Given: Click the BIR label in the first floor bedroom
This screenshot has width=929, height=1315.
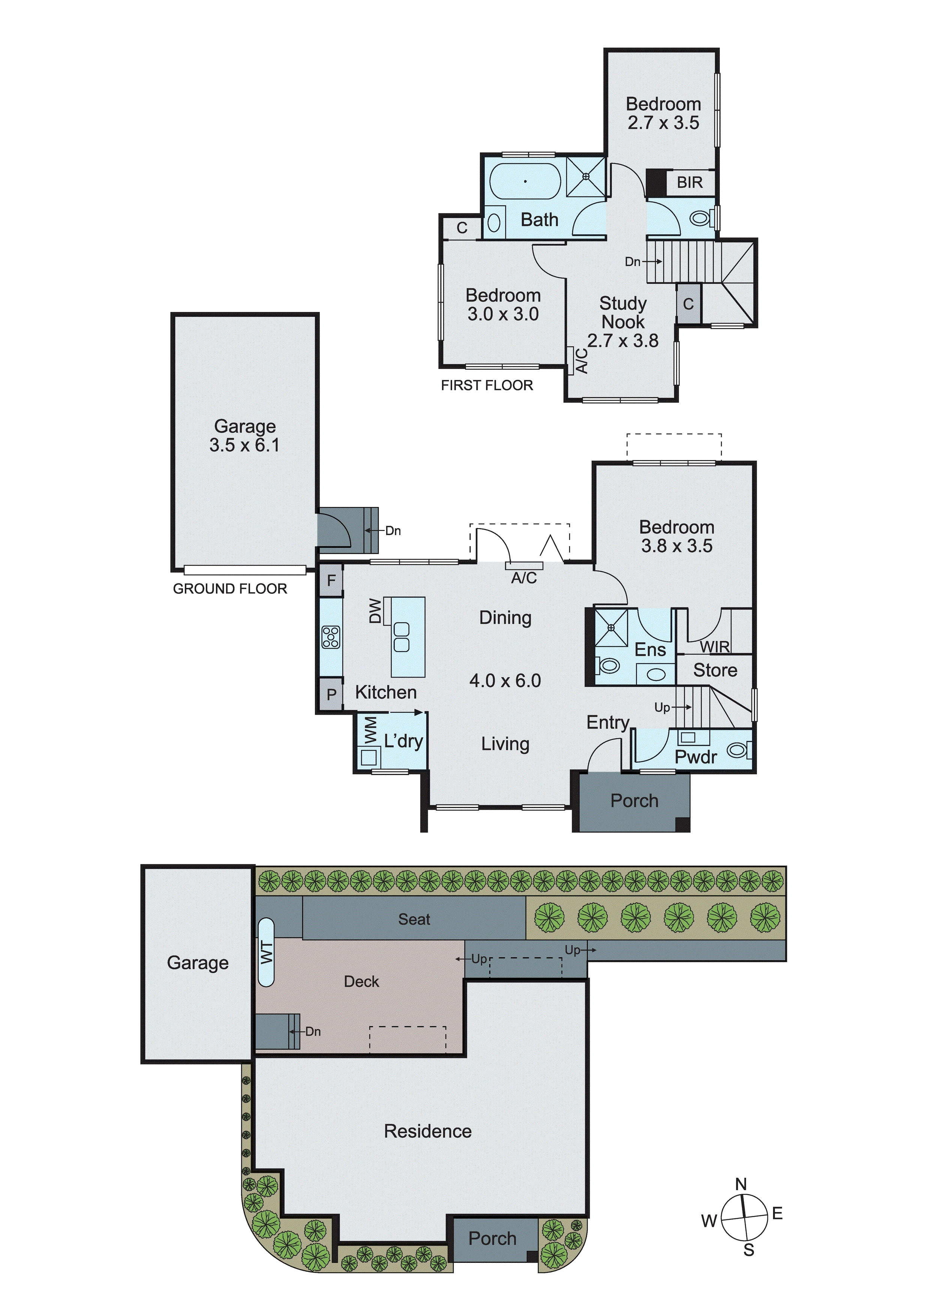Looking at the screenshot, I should click(689, 183).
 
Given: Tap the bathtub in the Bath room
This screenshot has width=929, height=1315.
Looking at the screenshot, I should click(524, 181).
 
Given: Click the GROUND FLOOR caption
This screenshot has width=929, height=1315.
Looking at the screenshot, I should click(230, 589).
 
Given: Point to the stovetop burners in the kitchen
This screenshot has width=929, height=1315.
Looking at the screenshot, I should click(331, 637).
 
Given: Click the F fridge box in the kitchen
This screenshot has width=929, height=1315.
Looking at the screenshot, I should click(331, 580).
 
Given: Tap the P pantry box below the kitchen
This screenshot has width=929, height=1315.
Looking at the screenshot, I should click(331, 695).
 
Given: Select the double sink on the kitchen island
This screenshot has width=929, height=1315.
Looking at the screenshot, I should click(402, 637).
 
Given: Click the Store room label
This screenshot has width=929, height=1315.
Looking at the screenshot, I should click(715, 670).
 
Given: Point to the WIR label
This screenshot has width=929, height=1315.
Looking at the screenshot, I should click(715, 646).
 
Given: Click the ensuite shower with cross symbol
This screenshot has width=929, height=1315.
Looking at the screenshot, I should click(611, 628).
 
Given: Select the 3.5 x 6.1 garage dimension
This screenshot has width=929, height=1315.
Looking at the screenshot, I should click(244, 445).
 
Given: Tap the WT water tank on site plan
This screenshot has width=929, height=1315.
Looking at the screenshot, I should click(266, 952).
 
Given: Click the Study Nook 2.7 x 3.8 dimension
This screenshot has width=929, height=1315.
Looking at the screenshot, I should click(623, 341).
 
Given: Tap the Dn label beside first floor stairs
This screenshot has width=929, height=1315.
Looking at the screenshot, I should click(632, 262).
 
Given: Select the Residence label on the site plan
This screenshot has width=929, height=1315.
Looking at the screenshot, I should click(427, 1131).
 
